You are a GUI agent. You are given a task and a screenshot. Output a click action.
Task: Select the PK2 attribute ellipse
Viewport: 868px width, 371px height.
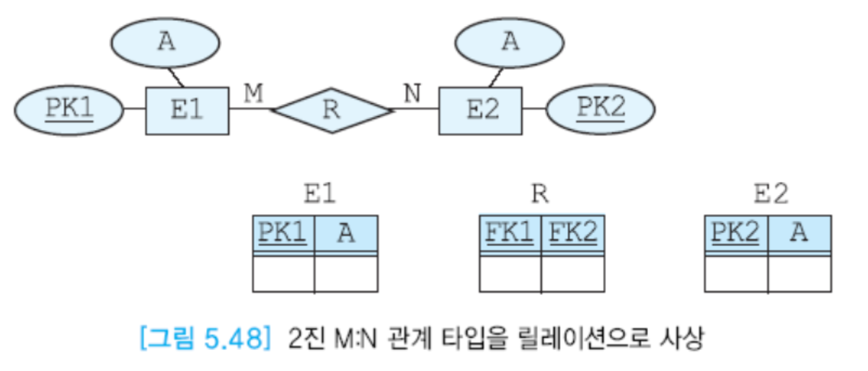pos(601,109)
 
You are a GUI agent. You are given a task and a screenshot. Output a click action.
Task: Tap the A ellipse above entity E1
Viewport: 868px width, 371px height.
pos(167,42)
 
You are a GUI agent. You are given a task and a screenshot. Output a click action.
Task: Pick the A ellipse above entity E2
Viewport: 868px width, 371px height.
pos(510,42)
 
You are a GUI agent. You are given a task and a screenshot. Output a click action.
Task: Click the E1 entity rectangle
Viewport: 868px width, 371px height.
pos(187,110)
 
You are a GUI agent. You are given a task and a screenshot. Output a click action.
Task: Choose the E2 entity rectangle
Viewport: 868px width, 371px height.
pos(480,110)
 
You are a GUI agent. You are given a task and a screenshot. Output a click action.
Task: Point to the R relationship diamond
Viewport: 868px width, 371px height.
pos(331,110)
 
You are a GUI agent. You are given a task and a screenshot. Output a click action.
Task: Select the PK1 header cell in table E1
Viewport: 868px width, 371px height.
pos(283,233)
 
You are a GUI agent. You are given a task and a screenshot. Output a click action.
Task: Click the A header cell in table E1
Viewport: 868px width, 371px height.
pos(346,233)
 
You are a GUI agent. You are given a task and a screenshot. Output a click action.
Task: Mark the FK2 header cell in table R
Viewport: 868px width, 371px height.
pos(573,233)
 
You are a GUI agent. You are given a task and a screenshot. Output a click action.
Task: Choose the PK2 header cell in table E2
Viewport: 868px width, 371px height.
pos(735,233)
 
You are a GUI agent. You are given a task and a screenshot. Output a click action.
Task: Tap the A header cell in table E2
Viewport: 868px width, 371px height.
pos(799,233)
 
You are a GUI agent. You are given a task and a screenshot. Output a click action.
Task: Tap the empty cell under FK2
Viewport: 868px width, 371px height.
pos(573,274)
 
